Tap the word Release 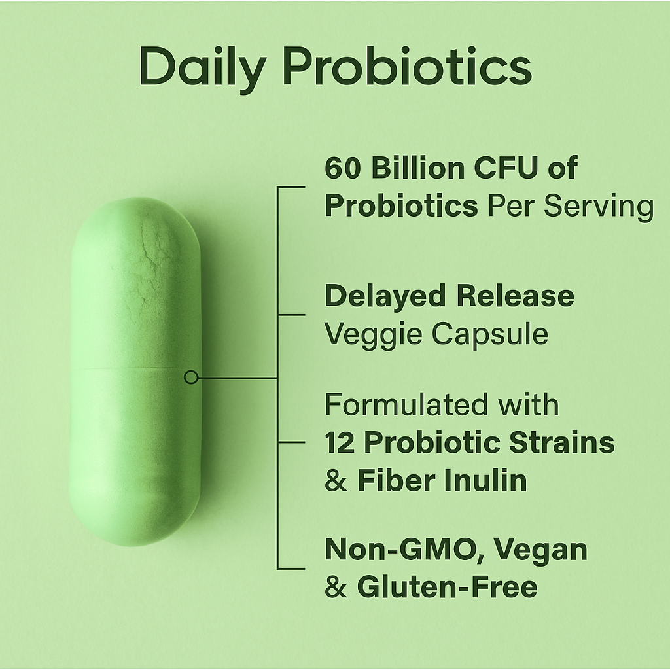(x=515, y=296)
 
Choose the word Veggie (x=372, y=335)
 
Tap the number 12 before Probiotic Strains (x=340, y=443)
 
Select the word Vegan (x=540, y=550)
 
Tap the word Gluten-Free (x=447, y=588)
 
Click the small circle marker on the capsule (x=191, y=377)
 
